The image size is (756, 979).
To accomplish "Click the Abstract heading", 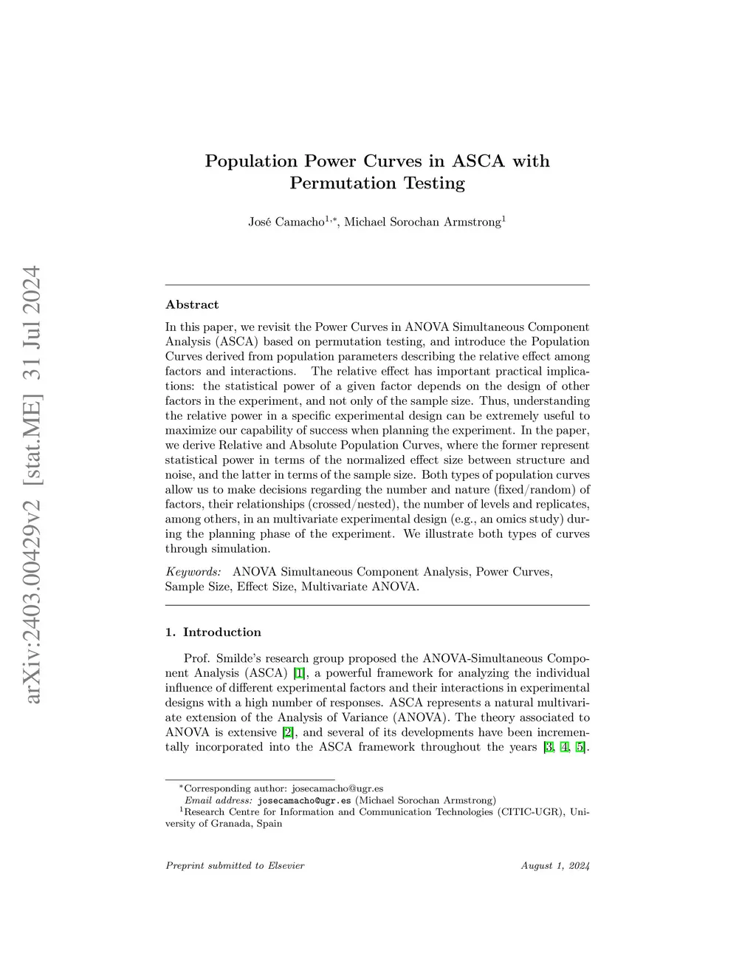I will (x=192, y=304).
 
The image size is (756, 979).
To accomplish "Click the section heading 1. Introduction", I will (x=213, y=632).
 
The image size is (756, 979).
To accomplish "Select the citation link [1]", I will (x=299, y=673).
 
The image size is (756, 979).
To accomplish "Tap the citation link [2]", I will (x=289, y=732).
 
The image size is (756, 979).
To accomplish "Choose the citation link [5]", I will (x=580, y=747).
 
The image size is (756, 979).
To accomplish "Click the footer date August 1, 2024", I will (x=555, y=865).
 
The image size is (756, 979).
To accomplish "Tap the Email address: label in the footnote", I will (x=219, y=800).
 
